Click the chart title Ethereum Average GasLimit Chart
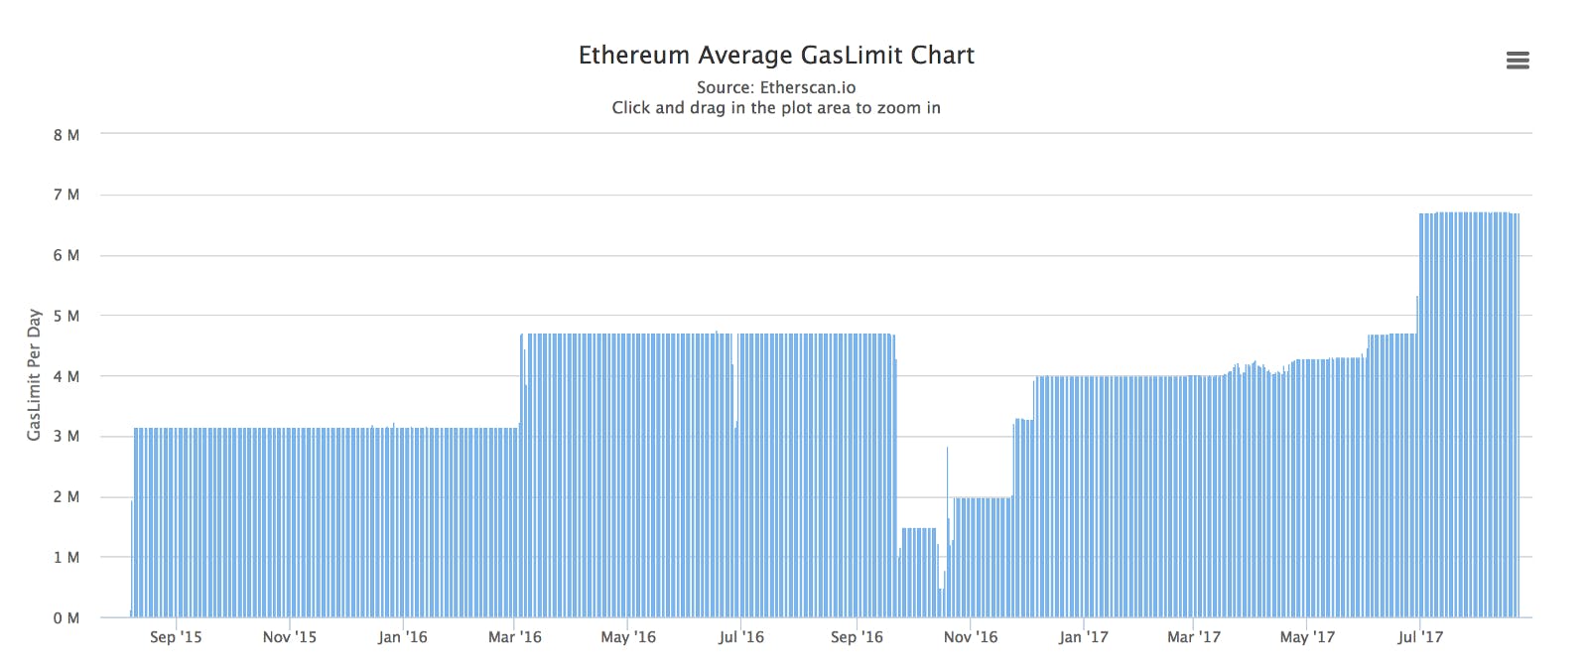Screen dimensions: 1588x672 pyautogui.click(x=776, y=56)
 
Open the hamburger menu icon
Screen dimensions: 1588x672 pyautogui.click(x=1518, y=61)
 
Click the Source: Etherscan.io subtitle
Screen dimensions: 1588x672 pyautogui.click(x=776, y=87)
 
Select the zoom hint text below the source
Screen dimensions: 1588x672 pyautogui.click(x=776, y=108)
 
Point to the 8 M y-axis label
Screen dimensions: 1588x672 pyautogui.click(x=66, y=135)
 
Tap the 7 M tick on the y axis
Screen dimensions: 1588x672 pyautogui.click(x=66, y=195)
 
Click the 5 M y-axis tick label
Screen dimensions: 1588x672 pyautogui.click(x=66, y=316)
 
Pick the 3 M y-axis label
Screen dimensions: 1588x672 pyautogui.click(x=66, y=436)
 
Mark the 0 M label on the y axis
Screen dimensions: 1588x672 pyautogui.click(x=66, y=618)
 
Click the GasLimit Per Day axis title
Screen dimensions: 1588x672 pyautogui.click(x=34, y=375)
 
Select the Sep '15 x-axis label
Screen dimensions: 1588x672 pyautogui.click(x=176, y=637)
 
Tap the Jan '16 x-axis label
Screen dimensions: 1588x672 pyautogui.click(x=403, y=637)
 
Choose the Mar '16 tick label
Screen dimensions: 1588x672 pyautogui.click(x=515, y=637)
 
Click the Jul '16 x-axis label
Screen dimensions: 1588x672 pyautogui.click(x=740, y=637)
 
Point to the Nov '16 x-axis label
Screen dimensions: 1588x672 pyautogui.click(x=971, y=637)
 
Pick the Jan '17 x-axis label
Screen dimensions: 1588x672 pyautogui.click(x=1083, y=637)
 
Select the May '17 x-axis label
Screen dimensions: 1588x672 pyautogui.click(x=1307, y=637)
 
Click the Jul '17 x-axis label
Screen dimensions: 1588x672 pyautogui.click(x=1420, y=637)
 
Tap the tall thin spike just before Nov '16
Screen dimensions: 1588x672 pyautogui.click(x=947, y=532)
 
